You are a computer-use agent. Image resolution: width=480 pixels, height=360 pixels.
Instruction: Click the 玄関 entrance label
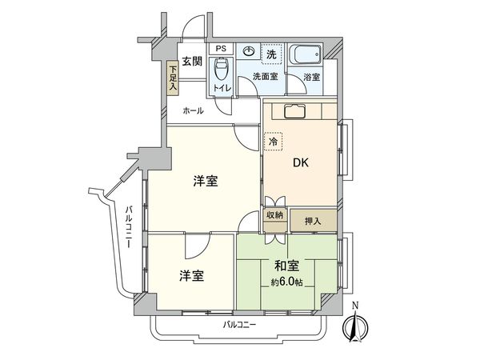190,61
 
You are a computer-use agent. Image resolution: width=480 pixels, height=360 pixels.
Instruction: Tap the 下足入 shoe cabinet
172,78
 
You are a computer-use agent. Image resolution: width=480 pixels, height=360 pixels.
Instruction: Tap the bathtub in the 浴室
304,57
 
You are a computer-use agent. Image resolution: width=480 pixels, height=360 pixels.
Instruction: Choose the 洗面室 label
263,77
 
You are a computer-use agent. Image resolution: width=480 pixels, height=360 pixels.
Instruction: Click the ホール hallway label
192,110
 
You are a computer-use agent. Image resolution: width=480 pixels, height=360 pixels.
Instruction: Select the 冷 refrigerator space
273,141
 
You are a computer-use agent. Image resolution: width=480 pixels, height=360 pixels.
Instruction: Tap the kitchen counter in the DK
301,111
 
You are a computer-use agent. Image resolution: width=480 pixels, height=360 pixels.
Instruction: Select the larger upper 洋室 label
206,181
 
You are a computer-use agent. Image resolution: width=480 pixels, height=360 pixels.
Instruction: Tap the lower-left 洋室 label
190,276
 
